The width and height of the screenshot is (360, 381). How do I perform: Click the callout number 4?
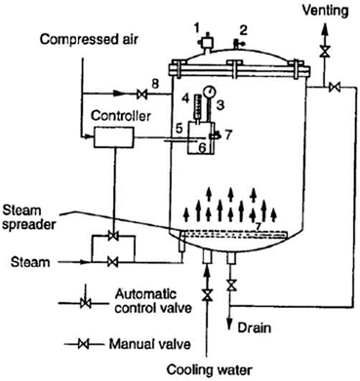click(x=184, y=96)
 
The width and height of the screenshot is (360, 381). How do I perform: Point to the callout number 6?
click(x=202, y=148)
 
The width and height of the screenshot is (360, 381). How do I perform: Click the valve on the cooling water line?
click(x=206, y=293)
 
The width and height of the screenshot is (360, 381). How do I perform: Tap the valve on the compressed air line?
click(x=140, y=94)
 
